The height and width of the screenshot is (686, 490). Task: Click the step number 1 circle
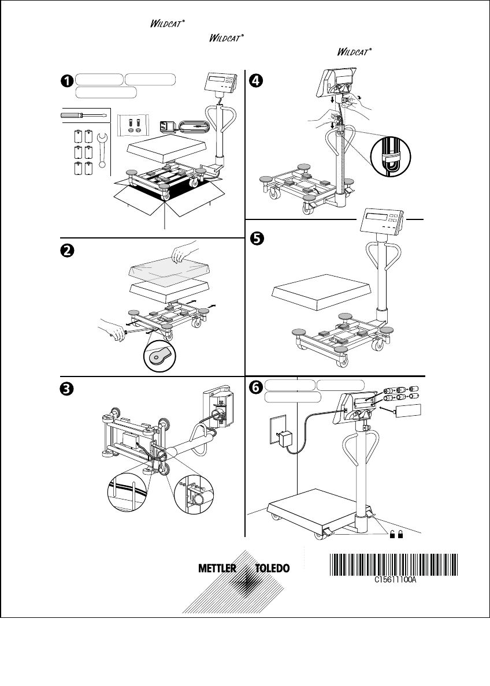68,81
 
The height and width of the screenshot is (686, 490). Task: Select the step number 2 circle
68,250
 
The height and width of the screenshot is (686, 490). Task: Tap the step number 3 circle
68,389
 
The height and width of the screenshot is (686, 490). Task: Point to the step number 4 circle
255,81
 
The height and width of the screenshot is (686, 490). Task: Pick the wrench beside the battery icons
102,150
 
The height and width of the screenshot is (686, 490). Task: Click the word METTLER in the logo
217,568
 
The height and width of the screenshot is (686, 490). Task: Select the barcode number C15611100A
393,583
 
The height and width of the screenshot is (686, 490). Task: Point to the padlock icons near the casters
396,535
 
